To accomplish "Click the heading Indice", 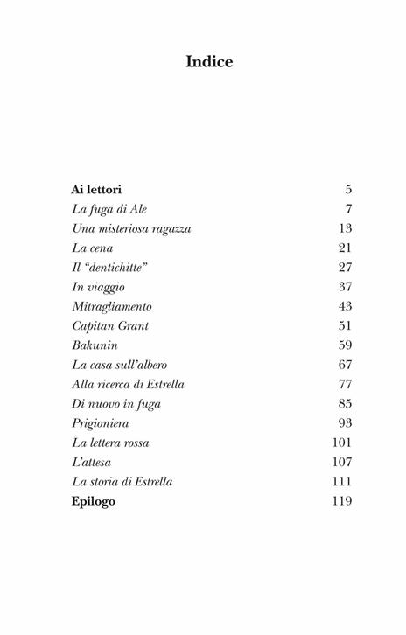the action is tap(209, 62).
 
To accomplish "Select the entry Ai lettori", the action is tap(96, 189).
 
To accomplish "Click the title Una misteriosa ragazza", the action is tap(131, 228).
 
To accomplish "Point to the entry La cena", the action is tap(92, 248).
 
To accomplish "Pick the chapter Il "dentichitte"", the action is tap(109, 267).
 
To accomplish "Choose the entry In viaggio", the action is tap(98, 287).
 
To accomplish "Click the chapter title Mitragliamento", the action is tap(112, 306).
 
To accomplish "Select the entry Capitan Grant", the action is tap(110, 325).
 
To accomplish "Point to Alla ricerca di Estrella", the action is tap(128, 384).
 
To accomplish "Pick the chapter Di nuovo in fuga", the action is tap(115, 403).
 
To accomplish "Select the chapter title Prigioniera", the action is tap(101, 423).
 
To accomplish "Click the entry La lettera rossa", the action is tap(110, 443).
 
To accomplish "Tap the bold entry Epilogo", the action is tap(94, 501).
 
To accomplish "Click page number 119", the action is tap(342, 501).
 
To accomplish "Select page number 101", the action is tap(342, 443).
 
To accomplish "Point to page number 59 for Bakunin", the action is tap(345, 345).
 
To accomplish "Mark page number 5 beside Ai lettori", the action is tap(348, 189).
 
